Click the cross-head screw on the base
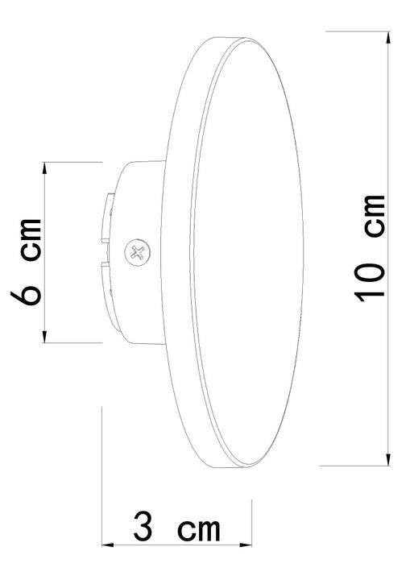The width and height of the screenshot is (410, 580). [137, 253]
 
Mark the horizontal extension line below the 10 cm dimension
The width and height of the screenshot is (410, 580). [354, 466]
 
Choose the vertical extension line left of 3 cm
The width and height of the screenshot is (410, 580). [102, 483]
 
